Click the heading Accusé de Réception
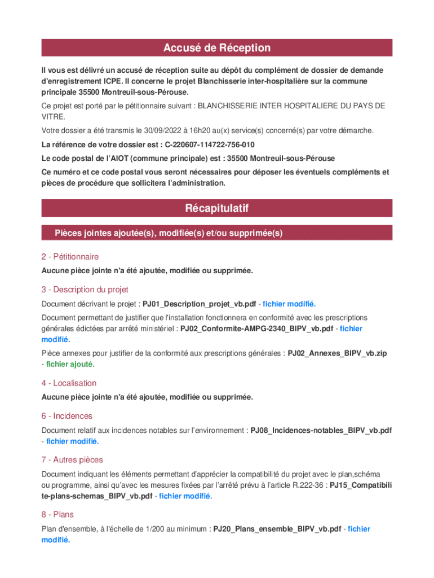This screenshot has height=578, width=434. point(216,48)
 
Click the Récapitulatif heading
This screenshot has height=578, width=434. point(216,208)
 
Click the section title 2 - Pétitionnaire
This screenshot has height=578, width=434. point(70,256)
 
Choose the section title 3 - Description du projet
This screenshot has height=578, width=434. point(85,290)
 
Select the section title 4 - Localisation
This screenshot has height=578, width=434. point(69,383)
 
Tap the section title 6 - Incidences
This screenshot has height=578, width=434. point(67,416)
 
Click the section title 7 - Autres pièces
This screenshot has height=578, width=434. point(72,460)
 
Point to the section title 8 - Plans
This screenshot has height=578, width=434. point(57,515)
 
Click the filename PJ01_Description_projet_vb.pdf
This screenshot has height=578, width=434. point(199,304)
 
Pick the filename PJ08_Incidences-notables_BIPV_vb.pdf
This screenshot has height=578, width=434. point(321,430)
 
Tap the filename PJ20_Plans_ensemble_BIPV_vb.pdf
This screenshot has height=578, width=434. point(277,529)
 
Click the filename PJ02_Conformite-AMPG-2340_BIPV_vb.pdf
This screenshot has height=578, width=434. point(257,329)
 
